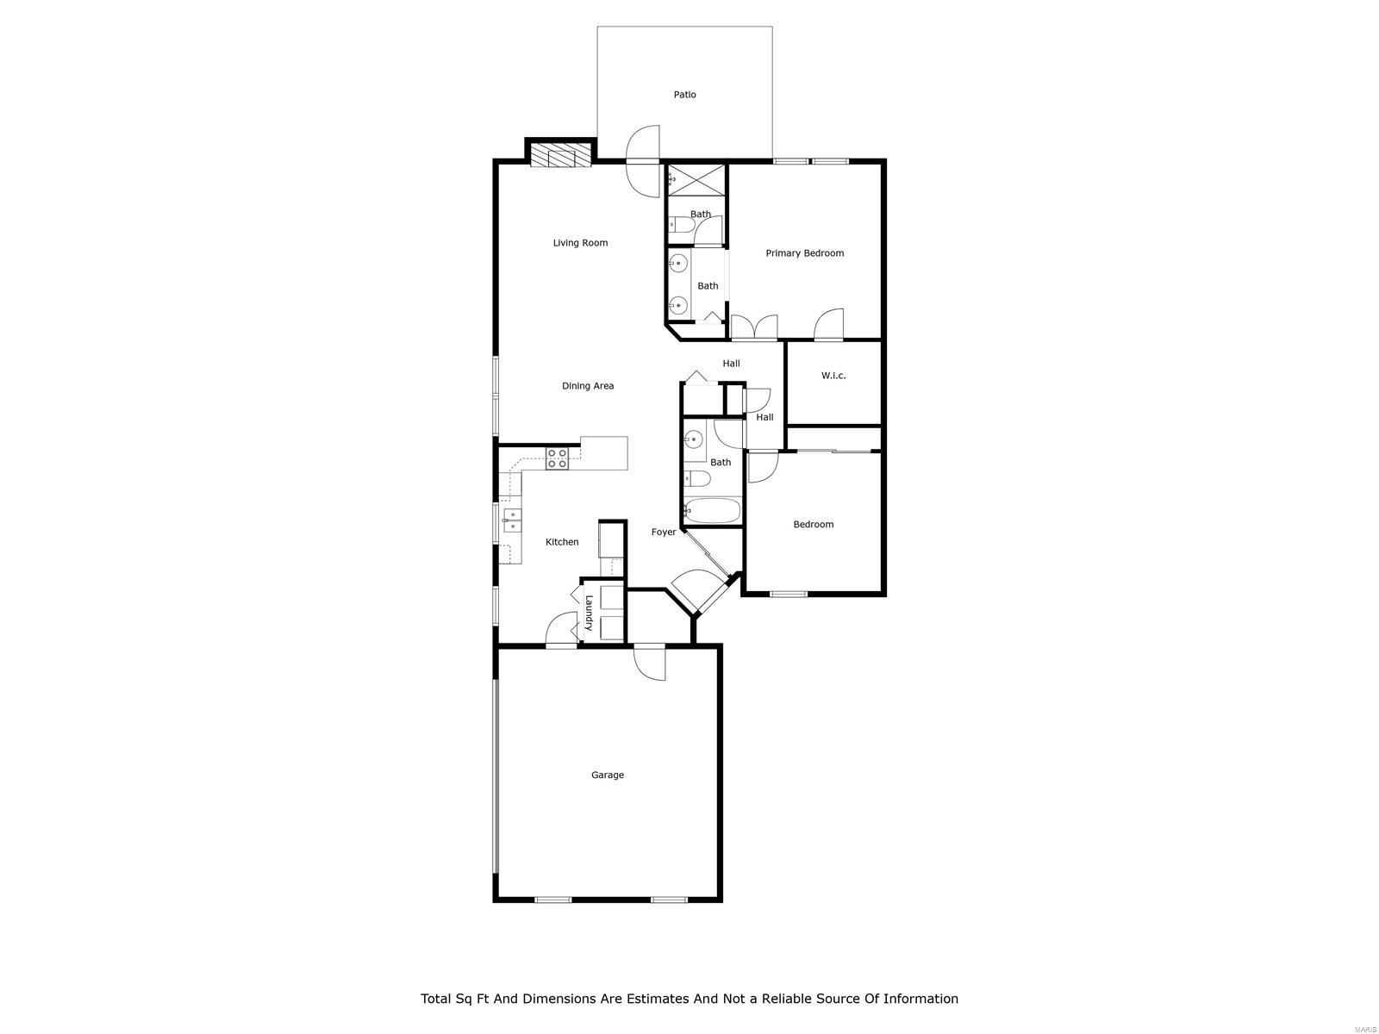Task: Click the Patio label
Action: pos(684,95)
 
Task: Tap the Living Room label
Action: pos(580,243)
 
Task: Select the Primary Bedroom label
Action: pos(804,253)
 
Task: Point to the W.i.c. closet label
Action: pos(833,376)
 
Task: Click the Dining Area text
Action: pos(588,386)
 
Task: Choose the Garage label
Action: pos(607,775)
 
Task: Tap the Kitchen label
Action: pos(562,542)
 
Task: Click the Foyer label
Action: pos(663,533)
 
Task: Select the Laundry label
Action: pos(590,613)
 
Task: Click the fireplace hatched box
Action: pos(560,155)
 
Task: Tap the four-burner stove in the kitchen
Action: pos(557,458)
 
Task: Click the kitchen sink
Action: pos(511,520)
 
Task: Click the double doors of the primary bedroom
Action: pos(754,327)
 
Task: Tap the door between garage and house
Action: pos(650,663)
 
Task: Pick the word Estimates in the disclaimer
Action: pos(652,999)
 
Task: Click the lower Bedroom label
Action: pos(813,525)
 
